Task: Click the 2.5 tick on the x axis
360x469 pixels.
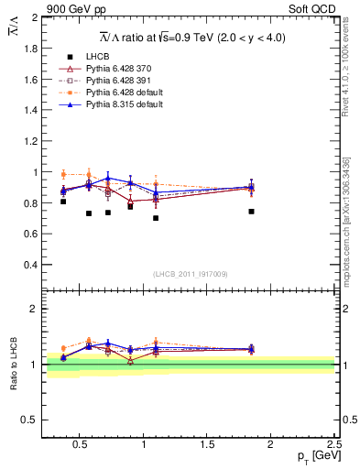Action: [x=334, y=443]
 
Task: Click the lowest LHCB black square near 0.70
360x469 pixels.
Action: [x=156, y=218]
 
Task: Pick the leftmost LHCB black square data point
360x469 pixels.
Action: [x=63, y=202]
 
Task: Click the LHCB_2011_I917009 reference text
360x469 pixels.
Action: [x=190, y=274]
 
